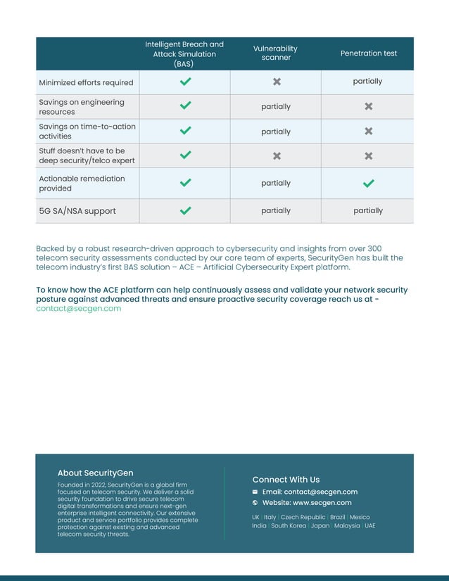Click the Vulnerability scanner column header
(x=275, y=53)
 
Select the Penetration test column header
(x=368, y=53)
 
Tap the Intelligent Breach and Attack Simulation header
(x=184, y=53)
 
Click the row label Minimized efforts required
(x=86, y=82)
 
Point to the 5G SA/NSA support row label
(x=77, y=211)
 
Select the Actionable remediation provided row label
(x=82, y=183)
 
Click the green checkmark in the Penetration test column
(x=368, y=183)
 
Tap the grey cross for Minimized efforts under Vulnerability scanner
(x=277, y=82)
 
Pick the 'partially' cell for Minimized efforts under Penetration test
(x=367, y=82)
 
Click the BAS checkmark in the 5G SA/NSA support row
(x=185, y=210)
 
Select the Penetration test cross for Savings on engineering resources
(x=368, y=106)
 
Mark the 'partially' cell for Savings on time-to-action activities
(x=276, y=132)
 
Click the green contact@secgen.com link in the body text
(x=78, y=309)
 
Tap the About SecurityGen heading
(x=95, y=473)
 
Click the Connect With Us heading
(x=286, y=480)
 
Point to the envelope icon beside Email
(x=255, y=492)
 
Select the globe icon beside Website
(x=255, y=503)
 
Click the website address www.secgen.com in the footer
(x=322, y=503)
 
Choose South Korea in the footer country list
(x=289, y=525)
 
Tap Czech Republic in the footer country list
(x=303, y=517)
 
